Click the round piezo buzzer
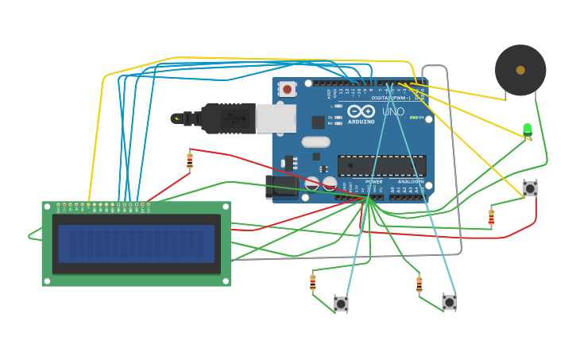click(520, 70)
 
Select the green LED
click(528, 129)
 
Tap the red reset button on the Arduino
click(287, 89)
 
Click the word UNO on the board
click(393, 112)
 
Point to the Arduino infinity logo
click(361, 111)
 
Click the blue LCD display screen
click(137, 243)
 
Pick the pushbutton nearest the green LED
click(530, 188)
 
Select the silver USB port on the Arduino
click(276, 118)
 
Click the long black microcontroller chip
click(382, 165)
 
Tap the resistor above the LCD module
click(190, 161)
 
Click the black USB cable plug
click(226, 118)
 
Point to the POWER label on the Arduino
click(373, 182)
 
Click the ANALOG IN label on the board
click(411, 182)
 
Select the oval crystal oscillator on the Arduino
click(315, 142)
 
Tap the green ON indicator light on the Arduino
click(413, 118)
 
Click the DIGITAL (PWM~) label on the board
click(391, 98)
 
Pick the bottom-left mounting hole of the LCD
click(47, 281)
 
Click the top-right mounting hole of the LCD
click(226, 207)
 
